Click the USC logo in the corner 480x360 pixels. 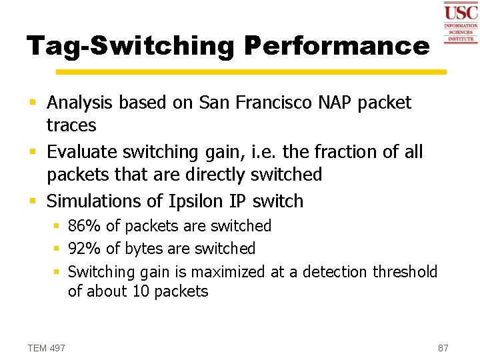click(x=461, y=21)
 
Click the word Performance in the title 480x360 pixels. click(x=337, y=46)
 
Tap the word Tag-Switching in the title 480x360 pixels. click(x=131, y=46)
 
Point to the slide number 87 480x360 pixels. click(x=443, y=348)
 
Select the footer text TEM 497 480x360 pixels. click(x=47, y=348)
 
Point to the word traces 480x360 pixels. click(x=71, y=125)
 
